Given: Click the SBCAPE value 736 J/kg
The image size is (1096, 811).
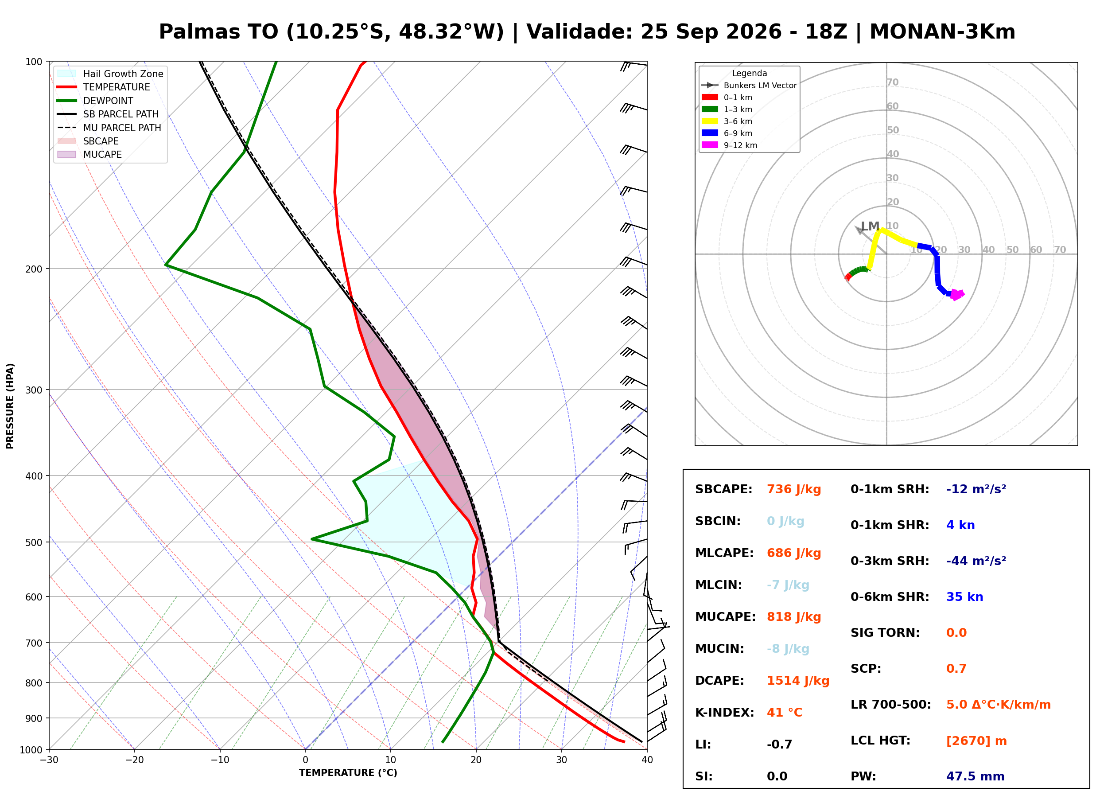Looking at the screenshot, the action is [794, 489].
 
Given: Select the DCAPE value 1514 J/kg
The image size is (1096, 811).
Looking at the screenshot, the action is [798, 681].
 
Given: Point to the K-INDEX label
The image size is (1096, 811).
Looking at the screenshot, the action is [725, 713].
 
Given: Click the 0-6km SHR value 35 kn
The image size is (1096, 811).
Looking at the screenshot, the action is [964, 597].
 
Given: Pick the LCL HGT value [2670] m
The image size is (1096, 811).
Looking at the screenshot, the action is [976, 741].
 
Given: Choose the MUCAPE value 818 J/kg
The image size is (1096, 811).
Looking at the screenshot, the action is [794, 617].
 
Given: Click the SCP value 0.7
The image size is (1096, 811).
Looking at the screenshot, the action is [956, 669].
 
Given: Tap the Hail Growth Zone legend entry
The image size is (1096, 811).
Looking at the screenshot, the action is [110, 74].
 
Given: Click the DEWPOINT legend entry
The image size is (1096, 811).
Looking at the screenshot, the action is [95, 101].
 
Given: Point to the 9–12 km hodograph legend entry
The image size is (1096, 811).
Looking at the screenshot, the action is [730, 145].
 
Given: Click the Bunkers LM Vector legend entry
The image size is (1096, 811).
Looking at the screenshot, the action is [749, 86].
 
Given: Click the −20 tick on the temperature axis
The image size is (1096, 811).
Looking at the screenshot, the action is [134, 760].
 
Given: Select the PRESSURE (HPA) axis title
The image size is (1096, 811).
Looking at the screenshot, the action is [10, 406].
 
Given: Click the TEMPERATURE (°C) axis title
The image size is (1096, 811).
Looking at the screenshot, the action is [348, 773].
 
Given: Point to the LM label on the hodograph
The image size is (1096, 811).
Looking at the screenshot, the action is [870, 226].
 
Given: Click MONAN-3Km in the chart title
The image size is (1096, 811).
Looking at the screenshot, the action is [942, 32].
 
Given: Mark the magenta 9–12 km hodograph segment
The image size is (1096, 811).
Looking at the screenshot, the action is [956, 295].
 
